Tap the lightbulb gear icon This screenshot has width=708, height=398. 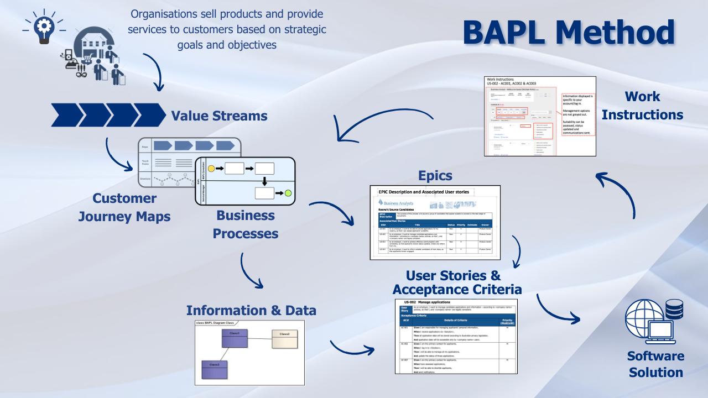(x=44, y=26)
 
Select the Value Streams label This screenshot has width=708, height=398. (x=219, y=116)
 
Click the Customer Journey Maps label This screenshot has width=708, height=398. (x=124, y=207)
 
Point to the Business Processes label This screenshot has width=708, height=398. (x=246, y=224)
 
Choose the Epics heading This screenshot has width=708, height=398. (x=435, y=176)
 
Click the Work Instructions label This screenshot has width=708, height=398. (x=642, y=106)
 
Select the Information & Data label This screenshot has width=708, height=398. (x=251, y=310)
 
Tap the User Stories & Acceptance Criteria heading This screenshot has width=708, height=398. (x=457, y=282)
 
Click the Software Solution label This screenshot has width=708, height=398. (x=656, y=364)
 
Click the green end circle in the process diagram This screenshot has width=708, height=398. (x=288, y=193)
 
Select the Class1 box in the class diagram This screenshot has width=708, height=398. (x=235, y=338)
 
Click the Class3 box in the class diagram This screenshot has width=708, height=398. (x=215, y=369)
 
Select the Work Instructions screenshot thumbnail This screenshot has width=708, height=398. (x=539, y=116)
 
